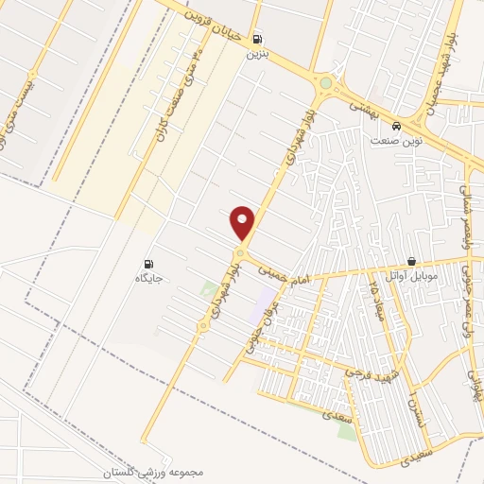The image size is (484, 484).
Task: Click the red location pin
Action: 243,222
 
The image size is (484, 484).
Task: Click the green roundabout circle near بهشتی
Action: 326,83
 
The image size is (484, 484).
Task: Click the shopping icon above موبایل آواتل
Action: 411,261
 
